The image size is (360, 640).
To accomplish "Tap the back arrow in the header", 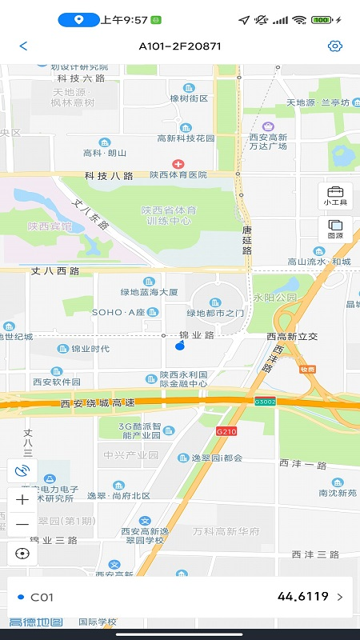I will [x=23, y=46].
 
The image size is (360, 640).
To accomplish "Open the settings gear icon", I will [x=335, y=46].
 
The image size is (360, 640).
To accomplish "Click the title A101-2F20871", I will [x=180, y=46].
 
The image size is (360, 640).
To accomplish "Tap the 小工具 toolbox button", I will [x=335, y=195].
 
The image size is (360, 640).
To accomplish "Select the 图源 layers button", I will [x=335, y=229].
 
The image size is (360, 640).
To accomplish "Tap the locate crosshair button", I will [x=22, y=553].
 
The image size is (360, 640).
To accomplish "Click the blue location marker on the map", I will [x=180, y=345].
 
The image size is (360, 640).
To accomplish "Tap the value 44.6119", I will [x=302, y=596].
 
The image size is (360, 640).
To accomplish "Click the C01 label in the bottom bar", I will [x=42, y=597].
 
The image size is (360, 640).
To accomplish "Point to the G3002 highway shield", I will [x=266, y=401].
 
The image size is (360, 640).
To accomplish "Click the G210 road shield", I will [x=227, y=431].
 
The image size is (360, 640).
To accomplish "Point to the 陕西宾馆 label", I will [x=50, y=226].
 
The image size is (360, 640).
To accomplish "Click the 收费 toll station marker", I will [x=307, y=369].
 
